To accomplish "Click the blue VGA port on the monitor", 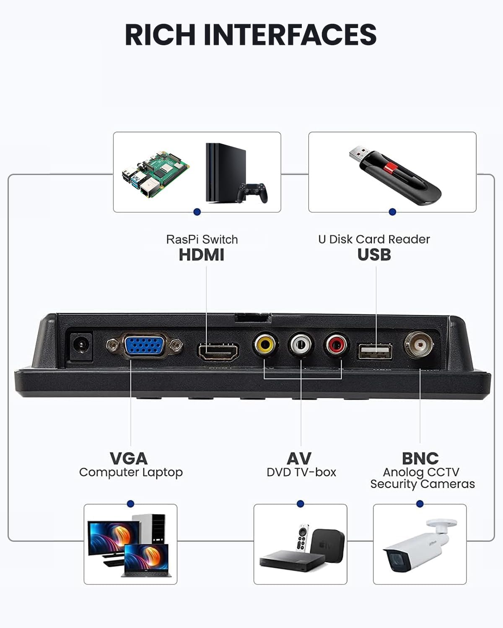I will (144, 345).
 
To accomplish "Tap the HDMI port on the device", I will (218, 352).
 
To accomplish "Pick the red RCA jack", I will (336, 344).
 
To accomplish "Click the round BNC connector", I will (419, 345).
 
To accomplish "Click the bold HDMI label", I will (202, 255).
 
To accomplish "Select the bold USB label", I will (374, 255).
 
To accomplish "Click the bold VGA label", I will (128, 458).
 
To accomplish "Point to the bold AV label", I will (299, 458).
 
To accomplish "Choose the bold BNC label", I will (420, 458).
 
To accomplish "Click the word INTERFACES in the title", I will (290, 35).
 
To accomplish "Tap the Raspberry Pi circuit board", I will (155, 174).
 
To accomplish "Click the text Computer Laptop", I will (131, 472).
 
